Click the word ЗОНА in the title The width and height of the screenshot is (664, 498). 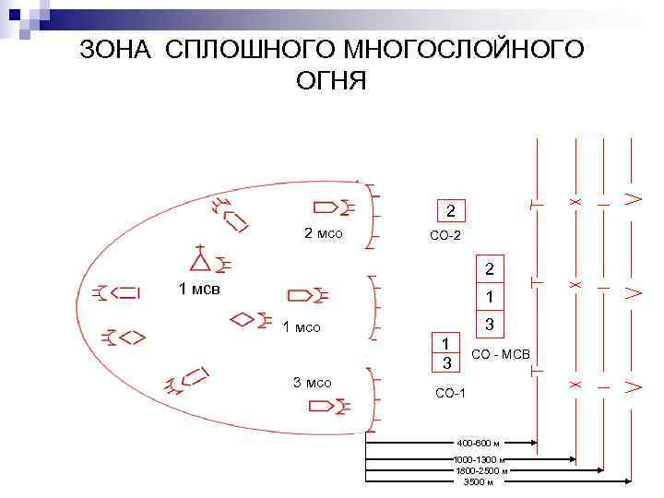[119, 50]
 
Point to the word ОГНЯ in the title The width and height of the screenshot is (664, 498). [331, 82]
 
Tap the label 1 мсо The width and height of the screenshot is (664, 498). [301, 326]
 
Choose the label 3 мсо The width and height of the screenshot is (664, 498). [312, 383]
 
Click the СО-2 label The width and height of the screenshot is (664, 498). [445, 236]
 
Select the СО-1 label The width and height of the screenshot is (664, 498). [450, 395]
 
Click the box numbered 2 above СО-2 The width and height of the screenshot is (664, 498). [450, 211]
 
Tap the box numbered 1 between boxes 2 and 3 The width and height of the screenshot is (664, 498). [490, 297]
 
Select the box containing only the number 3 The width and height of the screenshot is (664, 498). [490, 325]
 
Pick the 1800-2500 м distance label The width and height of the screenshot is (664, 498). [480, 470]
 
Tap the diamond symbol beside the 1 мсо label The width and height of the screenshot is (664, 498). [243, 320]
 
